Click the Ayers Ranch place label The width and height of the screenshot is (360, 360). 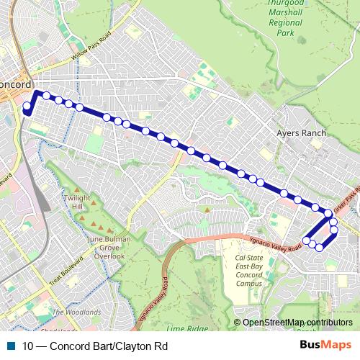[301, 133]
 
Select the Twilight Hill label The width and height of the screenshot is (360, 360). [78, 202]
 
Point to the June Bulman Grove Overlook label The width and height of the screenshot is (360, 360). [109, 247]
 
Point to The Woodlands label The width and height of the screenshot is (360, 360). [77, 312]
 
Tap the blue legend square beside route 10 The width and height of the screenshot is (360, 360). [11, 346]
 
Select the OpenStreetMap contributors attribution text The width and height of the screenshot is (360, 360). [297, 323]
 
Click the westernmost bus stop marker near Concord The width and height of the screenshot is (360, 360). [27, 109]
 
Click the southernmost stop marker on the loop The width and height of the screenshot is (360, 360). [319, 248]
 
